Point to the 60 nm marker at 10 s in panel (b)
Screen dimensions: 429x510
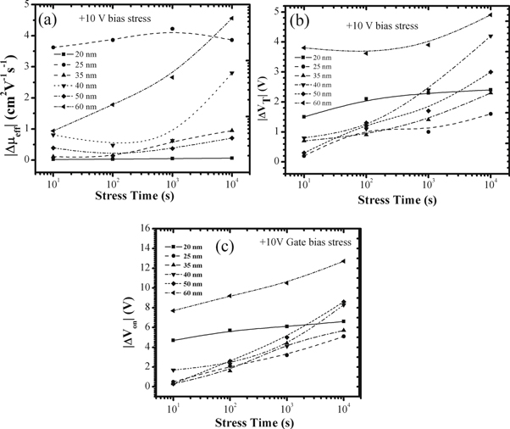[x=304, y=47]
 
